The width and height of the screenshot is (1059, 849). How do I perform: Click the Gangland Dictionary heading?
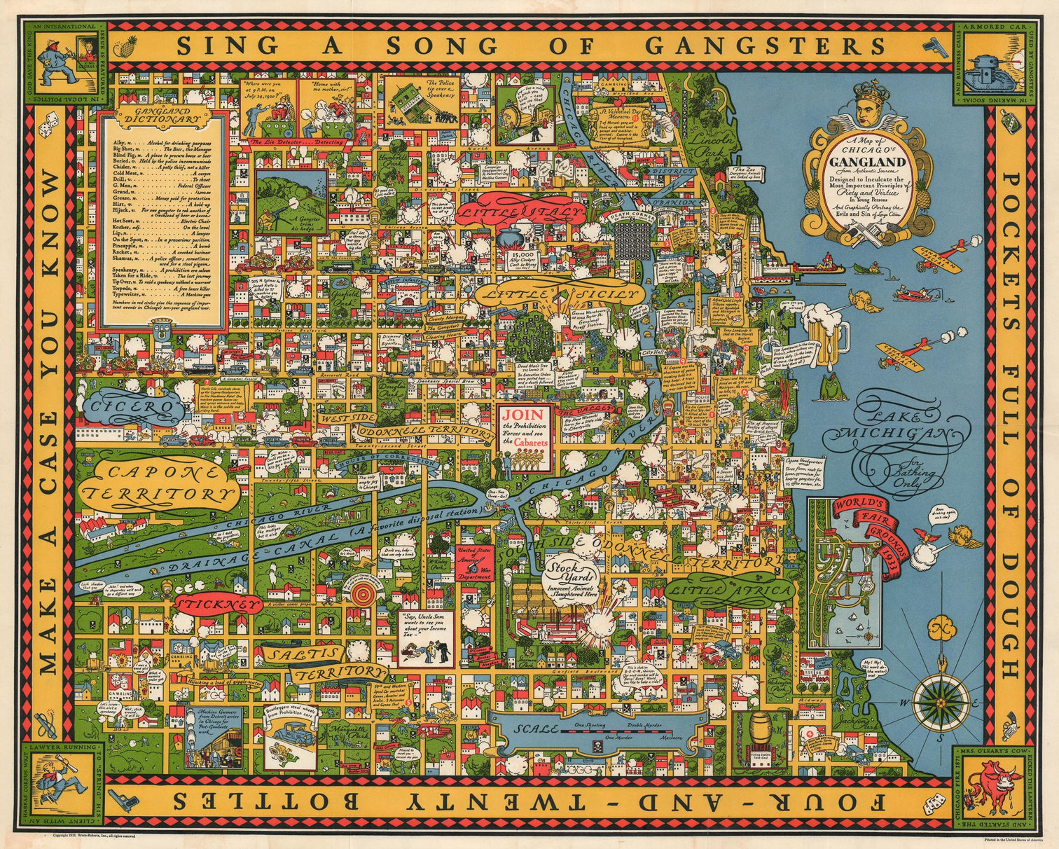[x=165, y=119]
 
